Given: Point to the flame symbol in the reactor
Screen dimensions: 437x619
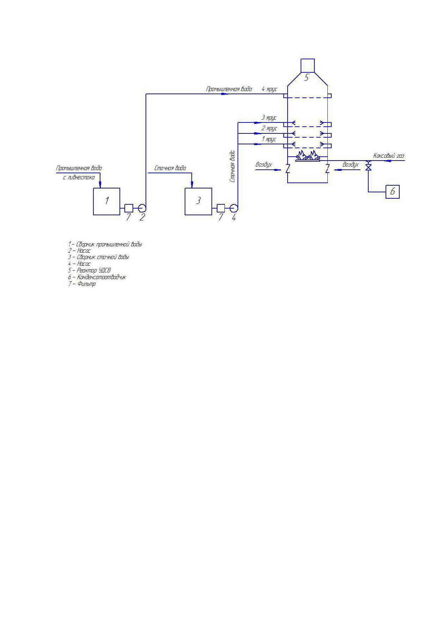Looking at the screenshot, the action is tap(308, 155).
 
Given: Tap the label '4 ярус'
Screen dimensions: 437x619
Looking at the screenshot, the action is tap(269, 89).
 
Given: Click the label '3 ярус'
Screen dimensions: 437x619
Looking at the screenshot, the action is tap(269, 118).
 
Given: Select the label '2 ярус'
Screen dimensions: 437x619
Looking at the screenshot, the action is tap(269, 128).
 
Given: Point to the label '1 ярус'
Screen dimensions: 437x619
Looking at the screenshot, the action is tap(269, 139).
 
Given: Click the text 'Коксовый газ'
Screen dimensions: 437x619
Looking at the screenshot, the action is tap(389, 156).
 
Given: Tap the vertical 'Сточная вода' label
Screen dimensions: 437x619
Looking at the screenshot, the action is tap(232, 166).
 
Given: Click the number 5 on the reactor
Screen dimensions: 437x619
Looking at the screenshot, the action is tap(306, 78).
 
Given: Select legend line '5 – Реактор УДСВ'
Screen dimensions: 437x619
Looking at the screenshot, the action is tap(89, 270).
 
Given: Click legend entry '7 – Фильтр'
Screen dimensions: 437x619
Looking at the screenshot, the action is tap(82, 284).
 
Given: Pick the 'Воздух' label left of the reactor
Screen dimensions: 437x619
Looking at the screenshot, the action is tap(264, 164).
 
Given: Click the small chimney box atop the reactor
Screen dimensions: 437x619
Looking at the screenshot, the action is tap(307, 66).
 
